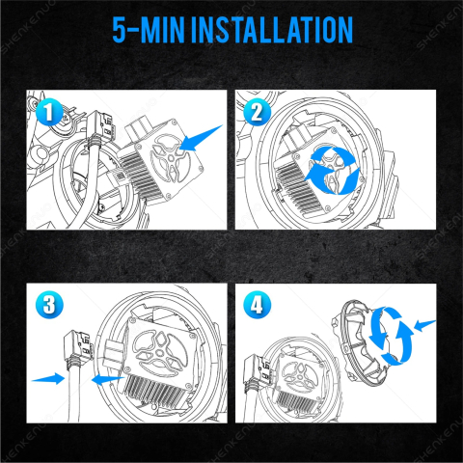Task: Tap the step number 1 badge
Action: click(49, 112)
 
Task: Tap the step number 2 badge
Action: click(257, 112)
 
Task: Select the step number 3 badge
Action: click(49, 305)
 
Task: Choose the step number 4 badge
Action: click(257, 305)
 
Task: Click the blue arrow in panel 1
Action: click(201, 138)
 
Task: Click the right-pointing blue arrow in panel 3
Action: click(48, 378)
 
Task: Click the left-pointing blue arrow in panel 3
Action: click(108, 380)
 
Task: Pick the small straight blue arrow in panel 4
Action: click(425, 325)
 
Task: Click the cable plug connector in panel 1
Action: click(97, 127)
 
